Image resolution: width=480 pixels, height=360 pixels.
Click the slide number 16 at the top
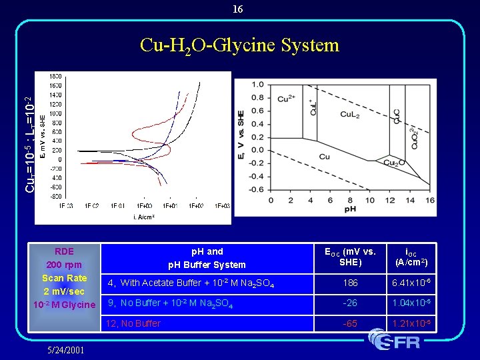238,9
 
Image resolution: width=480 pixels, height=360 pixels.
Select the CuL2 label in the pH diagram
351,114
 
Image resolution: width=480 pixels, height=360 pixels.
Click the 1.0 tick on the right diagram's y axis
257,85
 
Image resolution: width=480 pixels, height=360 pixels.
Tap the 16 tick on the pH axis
429,200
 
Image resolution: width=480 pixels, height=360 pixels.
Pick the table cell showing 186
350,283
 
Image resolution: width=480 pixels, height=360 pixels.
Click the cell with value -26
350,303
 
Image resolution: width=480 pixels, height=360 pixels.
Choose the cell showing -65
350,323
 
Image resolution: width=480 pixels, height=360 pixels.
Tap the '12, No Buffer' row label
133,323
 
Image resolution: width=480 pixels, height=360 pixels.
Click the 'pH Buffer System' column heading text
207,265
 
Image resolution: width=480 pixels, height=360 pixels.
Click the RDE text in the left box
64,251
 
